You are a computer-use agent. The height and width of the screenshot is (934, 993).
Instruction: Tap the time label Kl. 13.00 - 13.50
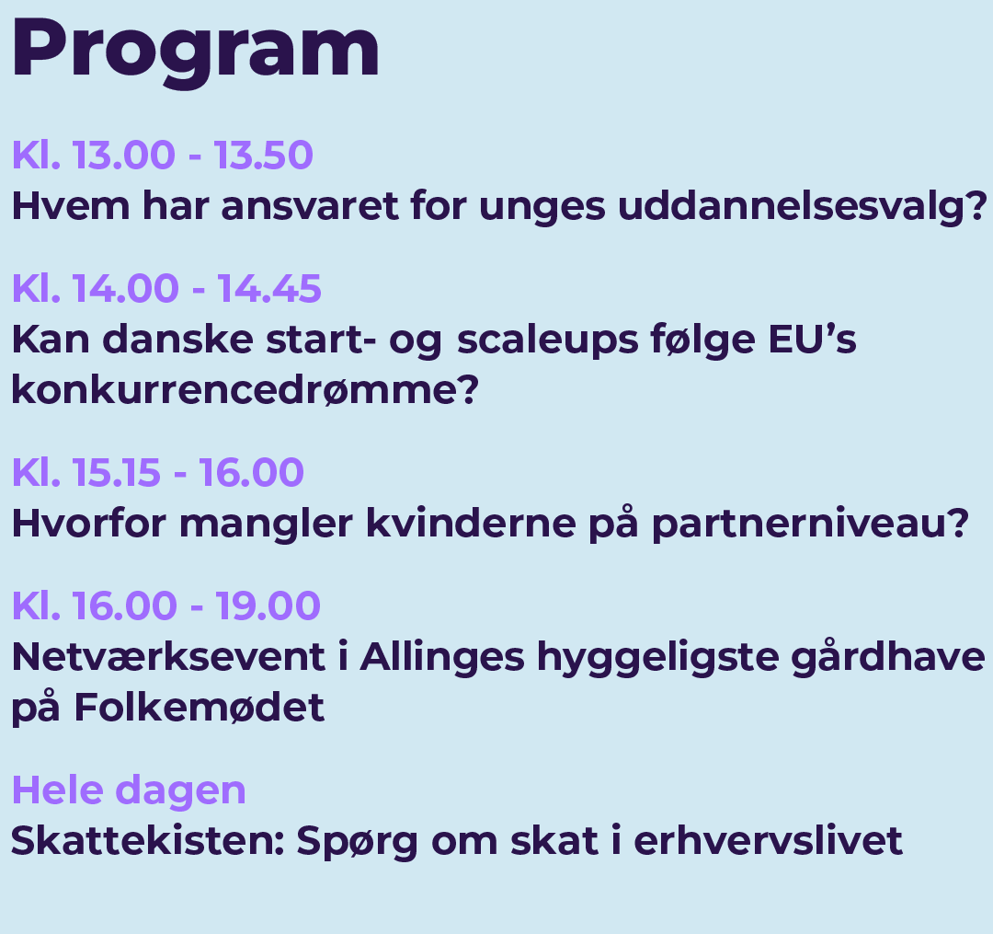(x=163, y=156)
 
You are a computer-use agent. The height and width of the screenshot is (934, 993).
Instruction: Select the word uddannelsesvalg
(x=802, y=208)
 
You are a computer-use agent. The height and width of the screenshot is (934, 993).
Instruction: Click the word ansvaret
(x=310, y=206)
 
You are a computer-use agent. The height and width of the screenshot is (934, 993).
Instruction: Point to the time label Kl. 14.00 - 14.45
(x=166, y=289)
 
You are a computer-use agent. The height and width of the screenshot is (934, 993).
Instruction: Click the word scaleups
(x=548, y=341)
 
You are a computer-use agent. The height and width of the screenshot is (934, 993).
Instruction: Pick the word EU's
(x=813, y=339)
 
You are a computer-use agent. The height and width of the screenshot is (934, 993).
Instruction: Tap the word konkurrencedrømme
(x=245, y=389)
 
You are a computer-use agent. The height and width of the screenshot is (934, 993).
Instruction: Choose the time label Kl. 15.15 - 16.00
(x=158, y=473)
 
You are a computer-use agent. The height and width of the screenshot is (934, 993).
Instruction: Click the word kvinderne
(x=471, y=524)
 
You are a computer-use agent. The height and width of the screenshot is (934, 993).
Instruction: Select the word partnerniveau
(x=811, y=525)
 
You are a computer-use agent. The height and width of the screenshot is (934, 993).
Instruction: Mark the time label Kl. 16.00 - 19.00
(x=166, y=605)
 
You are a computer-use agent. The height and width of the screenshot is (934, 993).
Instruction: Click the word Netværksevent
(x=168, y=656)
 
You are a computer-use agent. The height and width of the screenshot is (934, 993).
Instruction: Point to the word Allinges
(x=442, y=658)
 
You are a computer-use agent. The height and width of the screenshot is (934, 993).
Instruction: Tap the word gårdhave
(x=888, y=656)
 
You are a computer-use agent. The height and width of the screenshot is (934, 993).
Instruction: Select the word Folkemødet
(x=200, y=707)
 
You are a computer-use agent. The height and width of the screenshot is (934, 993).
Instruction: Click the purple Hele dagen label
(x=130, y=791)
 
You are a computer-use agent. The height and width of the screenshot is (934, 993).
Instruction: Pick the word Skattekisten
(x=148, y=841)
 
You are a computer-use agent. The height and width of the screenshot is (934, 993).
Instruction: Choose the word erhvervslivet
(x=768, y=841)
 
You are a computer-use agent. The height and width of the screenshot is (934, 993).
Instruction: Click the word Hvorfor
(x=89, y=524)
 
